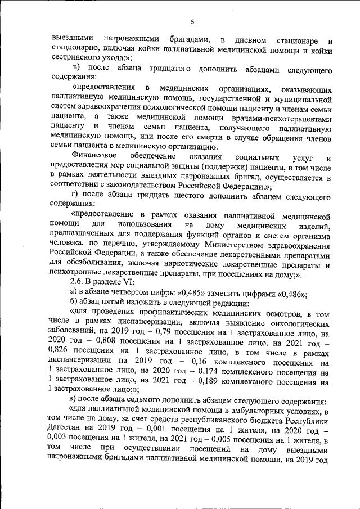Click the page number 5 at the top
coord(192,22)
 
